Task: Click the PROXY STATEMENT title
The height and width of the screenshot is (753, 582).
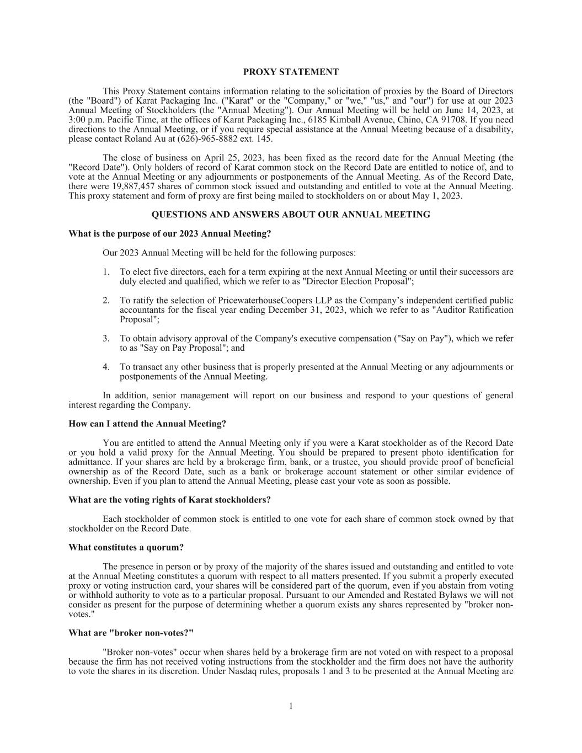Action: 291,72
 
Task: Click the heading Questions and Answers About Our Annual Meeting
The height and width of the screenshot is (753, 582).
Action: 291,215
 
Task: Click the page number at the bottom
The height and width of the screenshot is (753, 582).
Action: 291,706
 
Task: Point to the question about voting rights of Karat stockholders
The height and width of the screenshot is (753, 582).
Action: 169,500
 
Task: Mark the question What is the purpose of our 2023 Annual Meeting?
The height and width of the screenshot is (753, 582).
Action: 169,234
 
